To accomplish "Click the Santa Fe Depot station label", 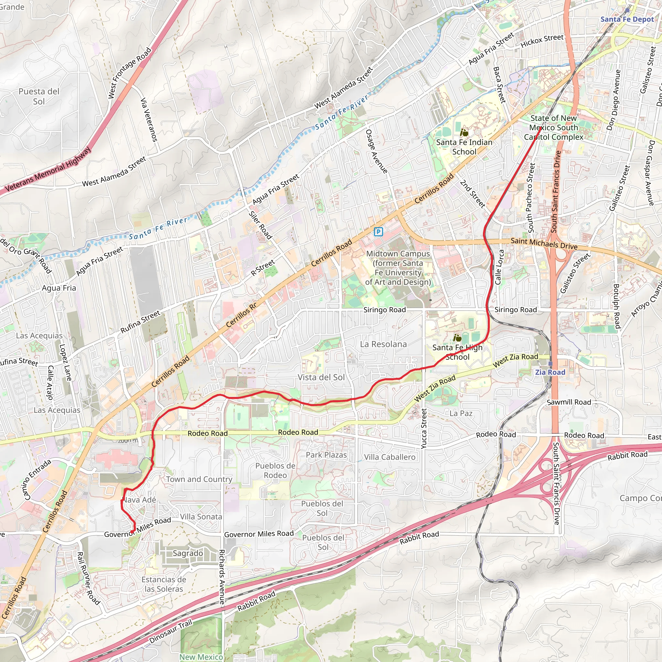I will (x=627, y=19).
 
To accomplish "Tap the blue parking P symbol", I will (x=378, y=232).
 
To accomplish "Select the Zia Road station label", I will (x=550, y=372).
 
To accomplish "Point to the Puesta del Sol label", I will (x=39, y=96).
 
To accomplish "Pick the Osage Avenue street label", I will (x=376, y=151).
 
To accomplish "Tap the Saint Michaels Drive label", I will (x=544, y=243).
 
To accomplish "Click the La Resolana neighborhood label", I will (x=383, y=344).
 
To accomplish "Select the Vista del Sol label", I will (x=321, y=377).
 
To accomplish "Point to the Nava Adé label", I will (x=139, y=500).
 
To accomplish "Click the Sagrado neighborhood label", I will (x=187, y=553).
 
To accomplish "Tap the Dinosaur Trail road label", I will (x=170, y=632).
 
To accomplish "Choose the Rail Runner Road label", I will (x=88, y=578).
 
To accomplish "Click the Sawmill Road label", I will (x=569, y=402).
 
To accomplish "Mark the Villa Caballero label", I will (x=389, y=457).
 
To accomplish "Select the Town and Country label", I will (x=199, y=479).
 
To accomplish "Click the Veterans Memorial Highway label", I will (x=48, y=169).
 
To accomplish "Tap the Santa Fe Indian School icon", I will (x=464, y=132).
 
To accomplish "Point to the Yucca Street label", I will (x=424, y=429).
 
